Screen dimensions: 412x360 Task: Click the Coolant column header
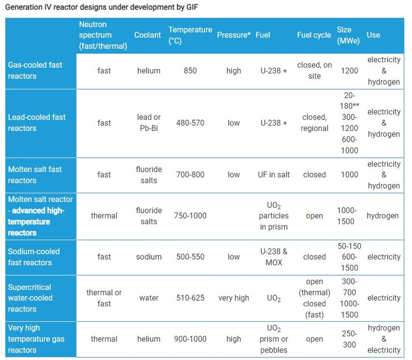tap(147, 35)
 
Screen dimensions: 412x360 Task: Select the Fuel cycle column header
tap(314, 35)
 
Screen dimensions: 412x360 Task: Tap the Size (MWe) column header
tap(348, 35)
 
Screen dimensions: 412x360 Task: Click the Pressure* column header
tap(234, 35)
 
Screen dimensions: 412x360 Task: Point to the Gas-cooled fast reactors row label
tap(35, 70)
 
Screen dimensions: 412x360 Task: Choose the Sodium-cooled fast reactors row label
tap(34, 257)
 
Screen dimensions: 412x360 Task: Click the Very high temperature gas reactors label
tap(36, 339)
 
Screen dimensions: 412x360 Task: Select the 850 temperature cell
tap(190, 71)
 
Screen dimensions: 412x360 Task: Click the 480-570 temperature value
tap(190, 123)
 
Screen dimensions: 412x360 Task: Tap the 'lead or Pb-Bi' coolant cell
tap(149, 122)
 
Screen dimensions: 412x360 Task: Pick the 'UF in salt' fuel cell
tap(273, 175)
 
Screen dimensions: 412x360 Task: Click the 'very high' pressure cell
tap(234, 298)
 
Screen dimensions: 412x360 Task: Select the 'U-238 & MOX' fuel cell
tap(274, 257)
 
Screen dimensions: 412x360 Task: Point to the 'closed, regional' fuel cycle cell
tap(315, 122)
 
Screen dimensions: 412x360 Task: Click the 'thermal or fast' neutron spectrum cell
tap(104, 298)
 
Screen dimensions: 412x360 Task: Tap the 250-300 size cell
tap(350, 339)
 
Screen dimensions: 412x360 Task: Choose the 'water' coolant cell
tap(149, 298)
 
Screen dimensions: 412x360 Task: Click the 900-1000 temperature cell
tap(190, 339)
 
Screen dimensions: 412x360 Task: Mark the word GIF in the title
tap(192, 7)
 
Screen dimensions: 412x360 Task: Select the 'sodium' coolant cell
tap(149, 257)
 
